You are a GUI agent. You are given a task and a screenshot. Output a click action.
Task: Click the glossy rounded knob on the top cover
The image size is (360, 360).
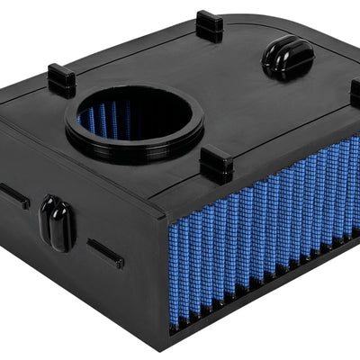click(x=287, y=58)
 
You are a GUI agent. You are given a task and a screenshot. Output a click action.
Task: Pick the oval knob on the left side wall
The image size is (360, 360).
click(x=57, y=223)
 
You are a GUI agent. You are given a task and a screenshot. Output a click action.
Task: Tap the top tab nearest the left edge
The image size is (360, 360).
click(x=61, y=80)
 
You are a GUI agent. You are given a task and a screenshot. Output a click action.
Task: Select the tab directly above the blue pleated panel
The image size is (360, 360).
click(x=218, y=165)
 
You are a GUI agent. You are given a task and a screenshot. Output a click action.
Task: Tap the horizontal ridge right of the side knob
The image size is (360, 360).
click(x=105, y=253)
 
